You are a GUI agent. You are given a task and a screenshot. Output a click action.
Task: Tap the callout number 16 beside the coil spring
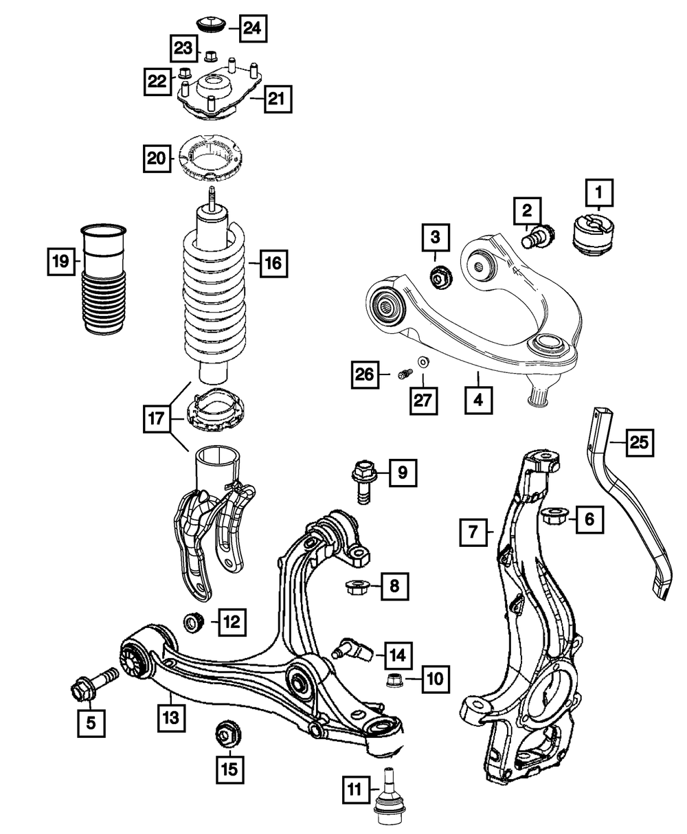273,262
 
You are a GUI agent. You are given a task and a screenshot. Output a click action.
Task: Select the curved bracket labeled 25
629,508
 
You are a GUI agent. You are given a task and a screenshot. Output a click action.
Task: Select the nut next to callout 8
357,587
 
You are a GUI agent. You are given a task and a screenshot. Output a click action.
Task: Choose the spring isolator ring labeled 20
212,158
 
